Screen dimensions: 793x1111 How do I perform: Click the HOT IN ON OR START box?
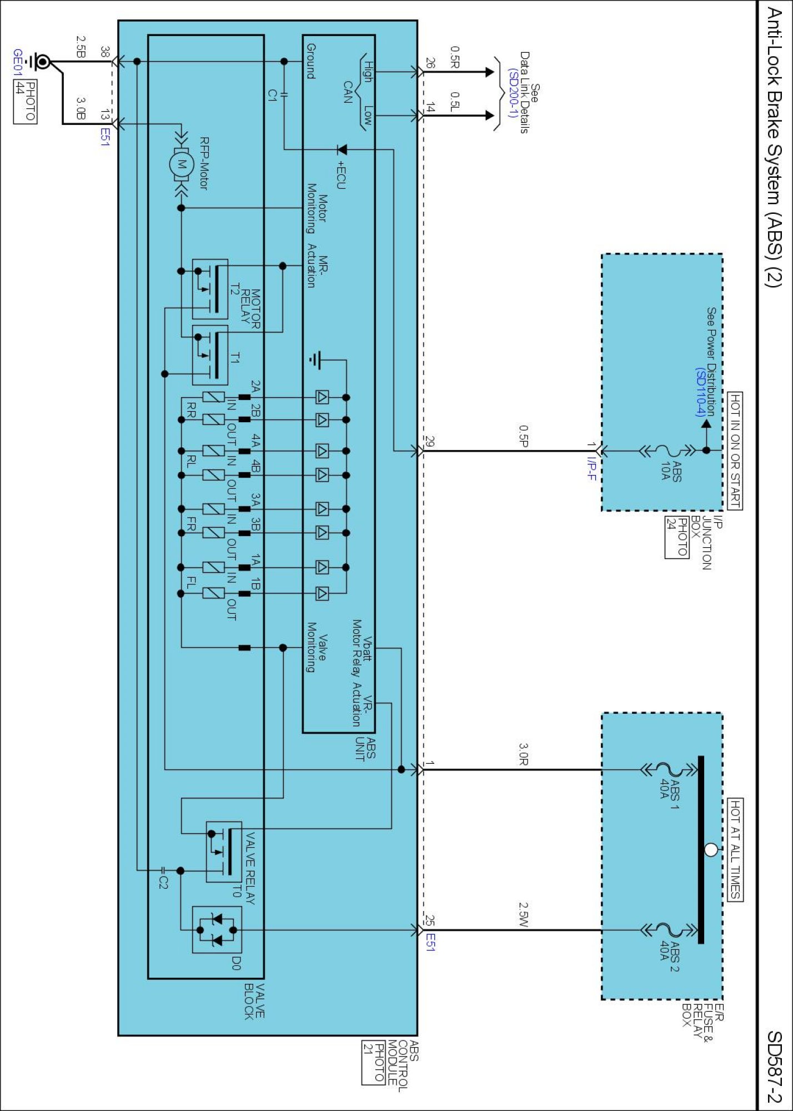point(735,451)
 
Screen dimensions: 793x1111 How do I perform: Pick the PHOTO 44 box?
point(25,102)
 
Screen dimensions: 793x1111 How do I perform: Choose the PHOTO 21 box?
point(373,1062)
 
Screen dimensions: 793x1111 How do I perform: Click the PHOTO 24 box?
point(676,537)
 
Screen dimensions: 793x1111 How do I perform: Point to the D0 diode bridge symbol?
point(217,930)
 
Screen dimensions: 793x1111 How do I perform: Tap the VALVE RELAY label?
point(250,868)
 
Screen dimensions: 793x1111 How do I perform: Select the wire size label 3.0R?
point(524,754)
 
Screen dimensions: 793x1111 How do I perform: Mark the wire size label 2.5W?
point(524,914)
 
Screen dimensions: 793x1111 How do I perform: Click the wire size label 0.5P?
point(524,436)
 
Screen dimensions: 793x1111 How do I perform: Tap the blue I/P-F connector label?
point(591,468)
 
